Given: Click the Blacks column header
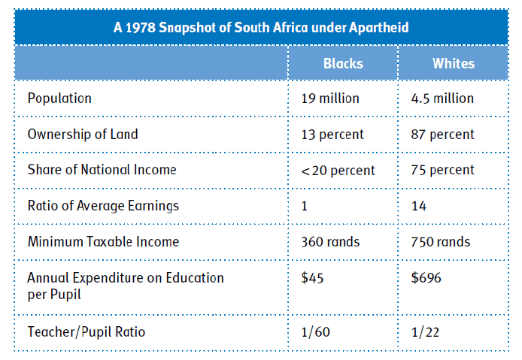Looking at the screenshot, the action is (x=343, y=63).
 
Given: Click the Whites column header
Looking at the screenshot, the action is (x=454, y=63).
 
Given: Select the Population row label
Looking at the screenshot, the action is (x=59, y=98).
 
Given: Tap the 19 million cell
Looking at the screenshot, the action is (x=330, y=98).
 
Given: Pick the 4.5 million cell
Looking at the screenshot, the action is (x=442, y=98).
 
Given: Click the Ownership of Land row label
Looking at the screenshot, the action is (x=83, y=135).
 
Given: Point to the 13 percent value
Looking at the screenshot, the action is (x=332, y=135).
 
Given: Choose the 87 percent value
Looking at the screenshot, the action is (x=443, y=135).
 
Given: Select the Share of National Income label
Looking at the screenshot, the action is (x=102, y=170).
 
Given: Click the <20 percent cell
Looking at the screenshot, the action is (x=338, y=171).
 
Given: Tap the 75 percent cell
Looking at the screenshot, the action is (x=443, y=171).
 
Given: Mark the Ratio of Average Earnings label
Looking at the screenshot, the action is (x=103, y=206).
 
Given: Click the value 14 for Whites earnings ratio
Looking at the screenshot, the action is (x=419, y=206).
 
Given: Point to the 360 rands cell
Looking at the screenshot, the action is (x=331, y=242).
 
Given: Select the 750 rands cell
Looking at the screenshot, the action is (x=441, y=242).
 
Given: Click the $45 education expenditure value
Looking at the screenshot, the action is (x=312, y=278).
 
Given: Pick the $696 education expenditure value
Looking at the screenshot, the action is (x=426, y=278).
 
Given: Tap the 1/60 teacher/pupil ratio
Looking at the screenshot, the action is (x=316, y=332).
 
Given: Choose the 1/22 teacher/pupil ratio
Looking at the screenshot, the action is (x=425, y=332).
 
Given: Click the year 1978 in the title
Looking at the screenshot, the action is (x=141, y=28).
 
